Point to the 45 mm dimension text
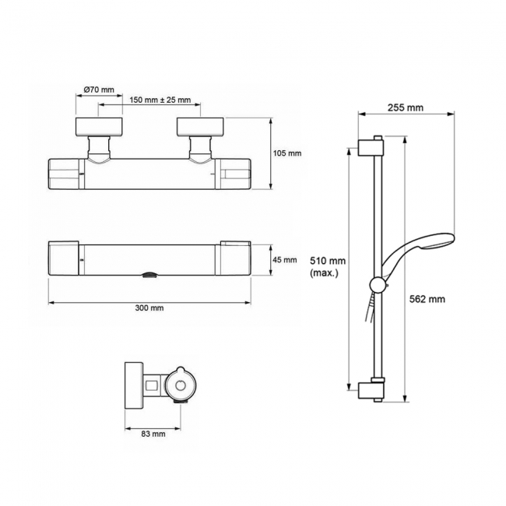285,259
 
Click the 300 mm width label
149,308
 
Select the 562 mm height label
427,298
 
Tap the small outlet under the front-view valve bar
149,275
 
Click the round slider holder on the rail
378,285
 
